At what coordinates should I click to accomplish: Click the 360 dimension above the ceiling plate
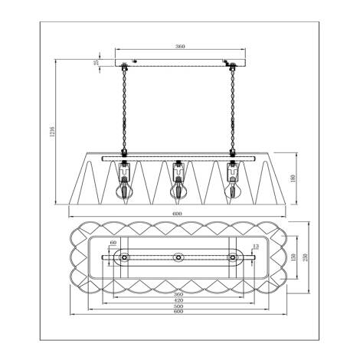(x=180, y=47)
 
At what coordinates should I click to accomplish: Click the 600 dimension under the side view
(x=177, y=214)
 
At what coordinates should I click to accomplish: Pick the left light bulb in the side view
(x=122, y=186)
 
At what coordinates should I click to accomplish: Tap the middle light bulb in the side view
(x=178, y=186)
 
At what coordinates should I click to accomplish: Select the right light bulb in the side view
(x=234, y=186)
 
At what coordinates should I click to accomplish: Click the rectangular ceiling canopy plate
(x=178, y=61)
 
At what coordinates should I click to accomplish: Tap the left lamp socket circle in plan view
(x=123, y=258)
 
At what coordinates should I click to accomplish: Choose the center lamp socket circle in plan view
(x=178, y=258)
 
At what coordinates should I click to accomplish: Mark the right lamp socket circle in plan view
(x=234, y=258)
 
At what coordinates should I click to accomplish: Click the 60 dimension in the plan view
(x=114, y=243)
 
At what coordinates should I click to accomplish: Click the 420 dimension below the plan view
(x=178, y=301)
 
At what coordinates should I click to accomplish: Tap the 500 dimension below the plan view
(x=178, y=308)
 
